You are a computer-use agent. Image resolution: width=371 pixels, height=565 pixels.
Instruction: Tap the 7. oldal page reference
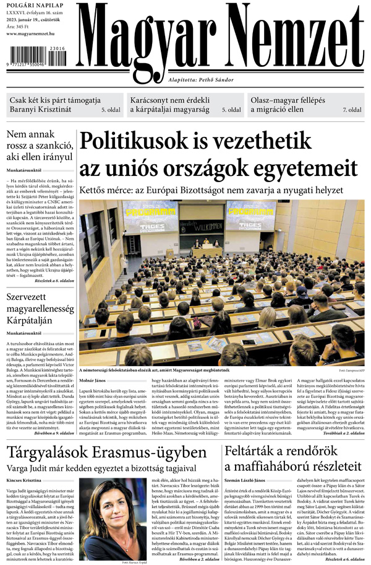[x=352, y=110]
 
